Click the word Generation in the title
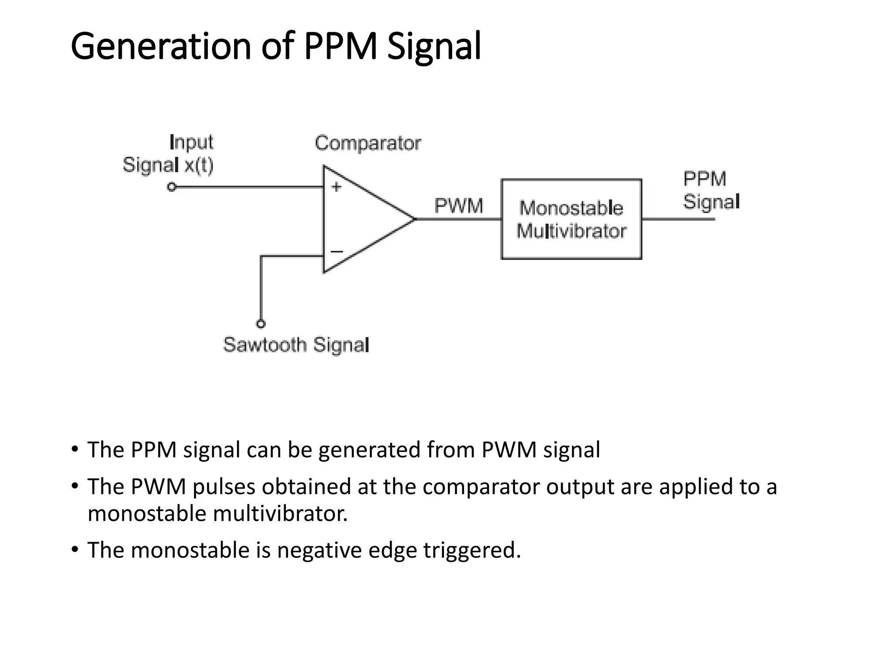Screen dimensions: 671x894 point(161,46)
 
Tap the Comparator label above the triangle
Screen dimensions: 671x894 point(368,143)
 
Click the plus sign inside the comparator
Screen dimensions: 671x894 point(336,187)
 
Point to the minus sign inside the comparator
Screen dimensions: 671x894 point(337,252)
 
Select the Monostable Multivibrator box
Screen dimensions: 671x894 point(571,219)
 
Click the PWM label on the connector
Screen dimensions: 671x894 point(458,206)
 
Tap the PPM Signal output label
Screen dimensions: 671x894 point(711,190)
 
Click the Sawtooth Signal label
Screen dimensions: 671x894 point(296,345)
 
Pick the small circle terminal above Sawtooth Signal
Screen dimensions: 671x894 point(261,324)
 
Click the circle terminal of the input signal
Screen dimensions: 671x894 point(172,187)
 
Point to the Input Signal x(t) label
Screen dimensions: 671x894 point(168,154)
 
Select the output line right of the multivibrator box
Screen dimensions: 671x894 point(678,219)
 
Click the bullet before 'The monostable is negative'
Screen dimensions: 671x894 point(75,549)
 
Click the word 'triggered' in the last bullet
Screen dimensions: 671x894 point(471,550)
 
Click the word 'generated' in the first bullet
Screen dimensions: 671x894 point(369,450)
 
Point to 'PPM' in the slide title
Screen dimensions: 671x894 point(340,46)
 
